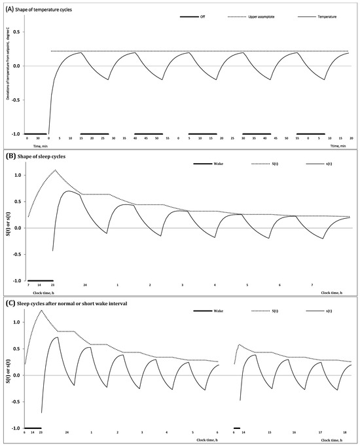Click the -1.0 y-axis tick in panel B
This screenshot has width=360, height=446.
point(16,280)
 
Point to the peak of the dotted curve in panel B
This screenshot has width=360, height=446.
point(55,170)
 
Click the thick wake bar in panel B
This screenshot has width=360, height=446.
point(41,280)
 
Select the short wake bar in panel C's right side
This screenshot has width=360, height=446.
point(237,428)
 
